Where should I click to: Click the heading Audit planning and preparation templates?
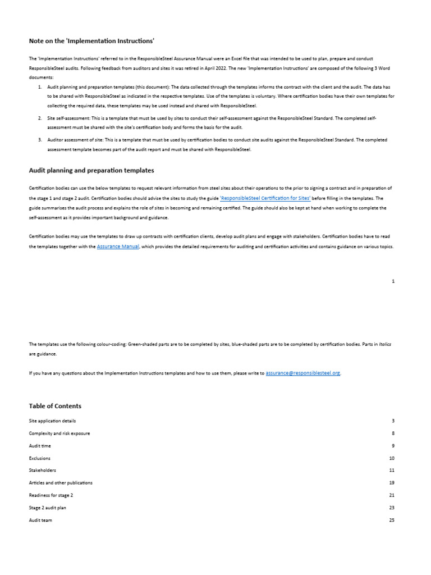(x=91, y=170)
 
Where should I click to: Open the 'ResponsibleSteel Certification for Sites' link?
(x=265, y=198)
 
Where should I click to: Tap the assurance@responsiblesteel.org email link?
(x=303, y=372)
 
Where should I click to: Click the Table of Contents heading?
(x=55, y=405)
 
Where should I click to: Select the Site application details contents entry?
(x=52, y=421)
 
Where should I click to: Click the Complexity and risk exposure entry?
(x=59, y=433)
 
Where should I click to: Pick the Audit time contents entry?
(x=39, y=446)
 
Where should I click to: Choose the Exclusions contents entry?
(x=39, y=458)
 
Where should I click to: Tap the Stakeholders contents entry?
(x=42, y=470)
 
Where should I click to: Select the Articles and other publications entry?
(x=61, y=482)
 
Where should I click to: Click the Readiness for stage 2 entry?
(x=51, y=495)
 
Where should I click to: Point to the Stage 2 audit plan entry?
(x=47, y=508)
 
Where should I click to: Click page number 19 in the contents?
(x=391, y=482)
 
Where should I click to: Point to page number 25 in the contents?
(x=391, y=520)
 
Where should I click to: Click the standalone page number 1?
(x=393, y=281)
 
